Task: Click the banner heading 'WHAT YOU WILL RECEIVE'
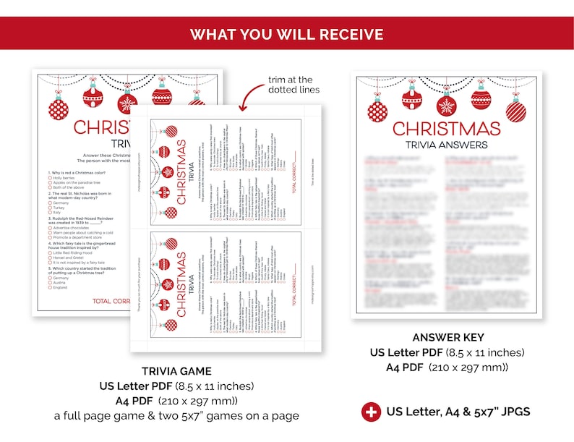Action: coord(286,34)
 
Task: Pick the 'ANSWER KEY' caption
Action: coord(448,338)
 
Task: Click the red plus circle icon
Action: coord(371,412)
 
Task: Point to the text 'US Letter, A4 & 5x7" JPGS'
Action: coord(458,412)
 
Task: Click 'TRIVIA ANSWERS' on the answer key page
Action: coord(446,145)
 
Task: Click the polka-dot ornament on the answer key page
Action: coord(377,111)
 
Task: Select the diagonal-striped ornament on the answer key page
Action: coord(515,111)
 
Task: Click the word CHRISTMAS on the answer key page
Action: coord(446,129)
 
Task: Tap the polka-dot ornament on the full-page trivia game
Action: coord(59,110)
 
